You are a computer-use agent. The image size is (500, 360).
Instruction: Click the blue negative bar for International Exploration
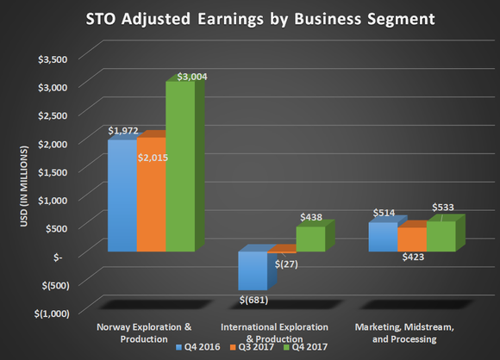coord(253,271)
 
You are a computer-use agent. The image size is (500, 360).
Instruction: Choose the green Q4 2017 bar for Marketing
coord(441,237)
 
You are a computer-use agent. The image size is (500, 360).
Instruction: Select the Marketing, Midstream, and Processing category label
coord(413,333)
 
